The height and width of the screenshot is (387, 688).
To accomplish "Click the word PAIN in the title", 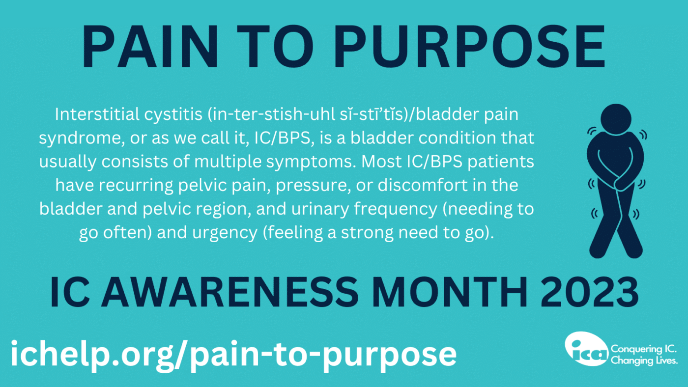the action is point(150,46).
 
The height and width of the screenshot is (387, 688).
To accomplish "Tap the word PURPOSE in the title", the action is point(470,46).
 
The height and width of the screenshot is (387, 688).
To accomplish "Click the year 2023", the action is point(589,292).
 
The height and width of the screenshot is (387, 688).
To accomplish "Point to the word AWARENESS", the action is point(229,292).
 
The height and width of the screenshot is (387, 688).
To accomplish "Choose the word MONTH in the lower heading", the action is point(450,292).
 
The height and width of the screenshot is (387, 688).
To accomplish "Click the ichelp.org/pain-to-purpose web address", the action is point(234,355).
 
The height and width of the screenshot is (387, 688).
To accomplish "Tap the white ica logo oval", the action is point(587,349).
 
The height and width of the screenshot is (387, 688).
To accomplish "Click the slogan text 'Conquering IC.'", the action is point(644,349).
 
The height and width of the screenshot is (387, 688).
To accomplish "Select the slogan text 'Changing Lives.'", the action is point(644,360).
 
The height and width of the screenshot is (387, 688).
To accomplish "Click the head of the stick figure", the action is point(616,119).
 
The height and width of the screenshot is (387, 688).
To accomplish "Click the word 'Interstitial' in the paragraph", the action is point(97,114).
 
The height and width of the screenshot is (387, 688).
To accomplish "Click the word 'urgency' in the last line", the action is point(225,233).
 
